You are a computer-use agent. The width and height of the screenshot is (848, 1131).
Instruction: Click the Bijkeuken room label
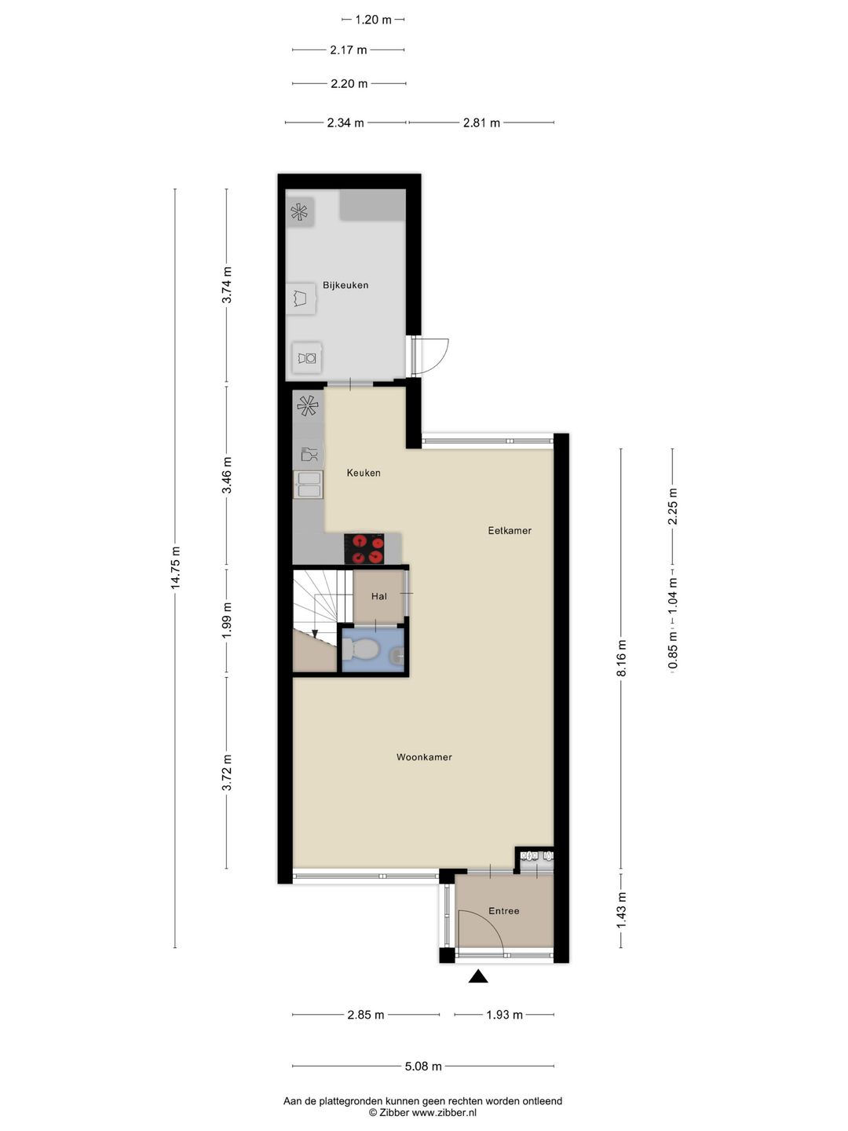point(345,285)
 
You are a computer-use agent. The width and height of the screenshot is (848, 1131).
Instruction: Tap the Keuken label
point(364,473)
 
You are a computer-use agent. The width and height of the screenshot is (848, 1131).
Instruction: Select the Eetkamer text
point(510,530)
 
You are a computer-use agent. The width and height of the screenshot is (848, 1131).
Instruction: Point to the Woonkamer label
point(424,757)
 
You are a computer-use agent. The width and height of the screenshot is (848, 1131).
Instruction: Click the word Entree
point(503,911)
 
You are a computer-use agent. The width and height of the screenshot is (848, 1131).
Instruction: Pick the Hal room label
point(379,596)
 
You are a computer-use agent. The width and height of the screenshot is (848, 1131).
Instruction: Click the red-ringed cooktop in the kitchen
point(364,548)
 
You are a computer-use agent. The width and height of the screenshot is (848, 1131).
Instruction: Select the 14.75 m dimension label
point(176,567)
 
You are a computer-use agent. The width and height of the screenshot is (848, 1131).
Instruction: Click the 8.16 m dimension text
point(621,657)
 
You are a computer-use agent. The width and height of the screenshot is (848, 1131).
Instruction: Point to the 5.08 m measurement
point(423,1066)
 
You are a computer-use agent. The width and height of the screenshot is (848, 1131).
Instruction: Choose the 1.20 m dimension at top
point(373,20)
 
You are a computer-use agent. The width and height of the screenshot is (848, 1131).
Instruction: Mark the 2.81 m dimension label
point(481,123)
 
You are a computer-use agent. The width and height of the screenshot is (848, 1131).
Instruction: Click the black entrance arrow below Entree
point(478,976)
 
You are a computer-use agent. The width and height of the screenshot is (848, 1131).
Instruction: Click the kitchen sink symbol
point(308,485)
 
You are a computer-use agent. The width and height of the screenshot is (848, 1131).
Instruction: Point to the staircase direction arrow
point(315,633)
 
